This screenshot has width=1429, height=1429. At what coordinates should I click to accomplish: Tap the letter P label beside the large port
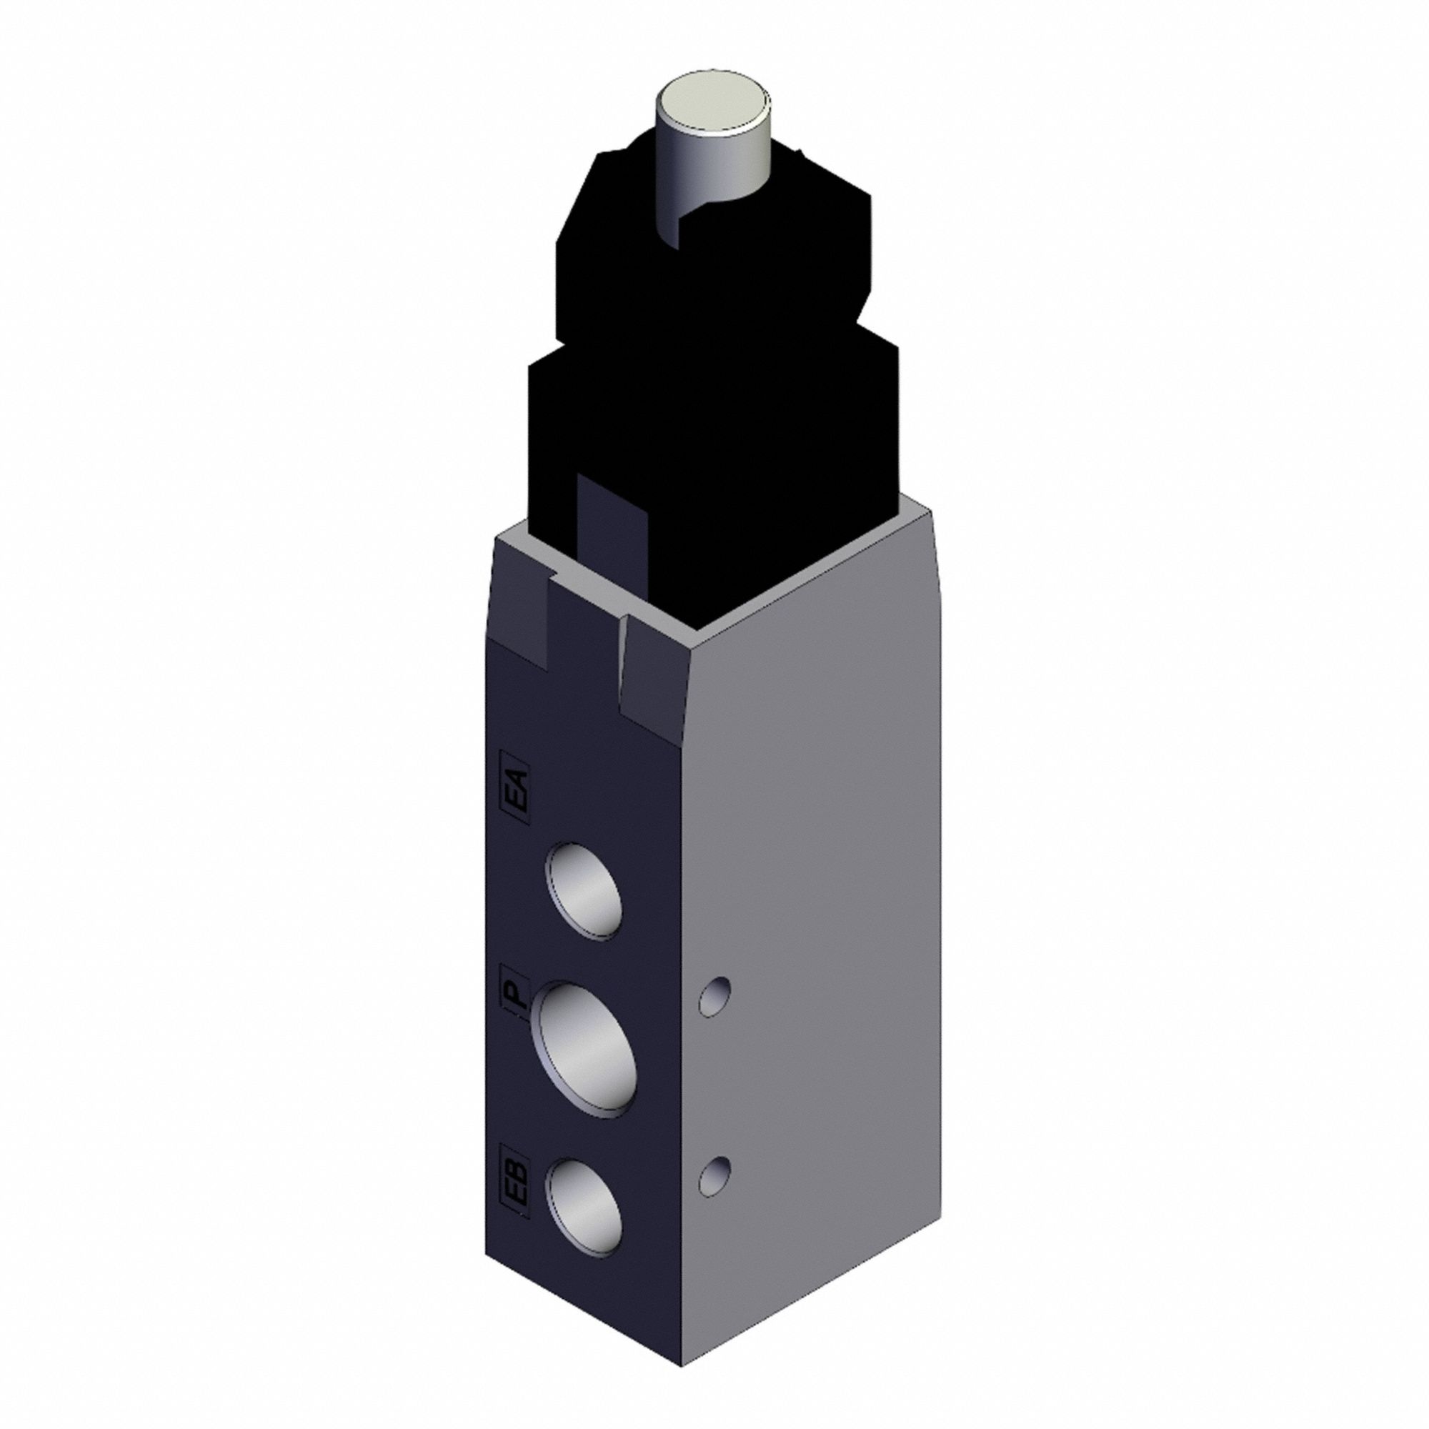tap(517, 997)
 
